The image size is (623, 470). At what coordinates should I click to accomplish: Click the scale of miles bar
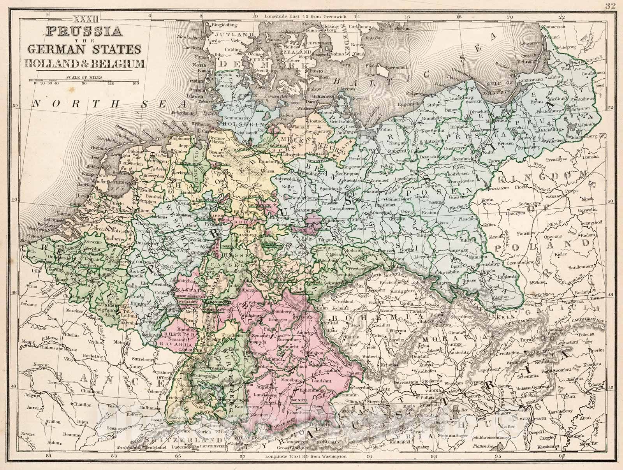84,80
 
